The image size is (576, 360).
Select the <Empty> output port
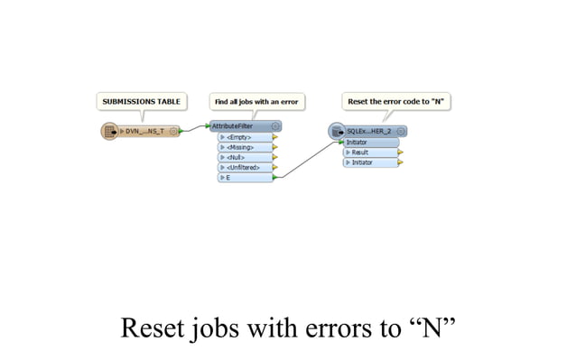[244, 137]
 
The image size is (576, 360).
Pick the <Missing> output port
[244, 147]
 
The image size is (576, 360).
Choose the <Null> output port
[244, 157]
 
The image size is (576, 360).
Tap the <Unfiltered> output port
[244, 167]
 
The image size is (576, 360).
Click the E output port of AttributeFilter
[244, 178]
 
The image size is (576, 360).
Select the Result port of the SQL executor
[370, 152]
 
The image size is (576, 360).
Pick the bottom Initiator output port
[370, 162]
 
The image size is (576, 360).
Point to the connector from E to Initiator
[307, 161]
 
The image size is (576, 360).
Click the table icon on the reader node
[109, 132]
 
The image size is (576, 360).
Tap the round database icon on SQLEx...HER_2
[337, 132]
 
